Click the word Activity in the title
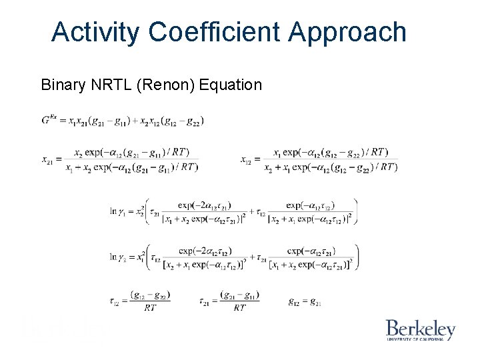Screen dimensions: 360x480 click(x=95, y=32)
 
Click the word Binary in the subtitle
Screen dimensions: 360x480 click(x=63, y=85)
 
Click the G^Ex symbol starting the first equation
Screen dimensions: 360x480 click(x=49, y=121)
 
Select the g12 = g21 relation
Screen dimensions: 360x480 click(x=305, y=302)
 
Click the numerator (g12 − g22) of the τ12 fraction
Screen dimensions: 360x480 click(x=150, y=295)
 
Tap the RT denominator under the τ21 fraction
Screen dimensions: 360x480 click(x=239, y=308)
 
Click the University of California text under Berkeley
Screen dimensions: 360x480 click(x=421, y=339)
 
